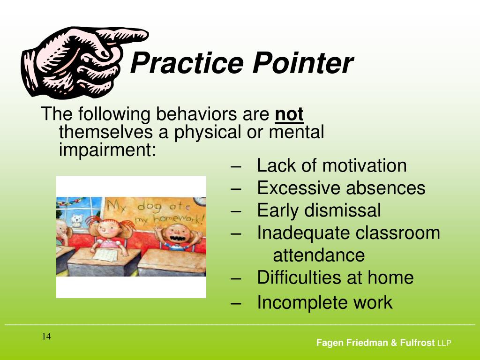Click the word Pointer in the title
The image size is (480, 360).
[302, 63]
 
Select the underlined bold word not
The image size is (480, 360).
[289, 114]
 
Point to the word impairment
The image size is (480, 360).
[107, 150]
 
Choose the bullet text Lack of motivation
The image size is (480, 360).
[331, 165]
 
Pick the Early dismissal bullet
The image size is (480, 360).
[319, 210]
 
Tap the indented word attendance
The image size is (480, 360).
[319, 255]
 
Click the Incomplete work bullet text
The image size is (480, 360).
[324, 302]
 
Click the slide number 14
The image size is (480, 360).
[46, 337]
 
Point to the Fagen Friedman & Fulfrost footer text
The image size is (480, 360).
[375, 343]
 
